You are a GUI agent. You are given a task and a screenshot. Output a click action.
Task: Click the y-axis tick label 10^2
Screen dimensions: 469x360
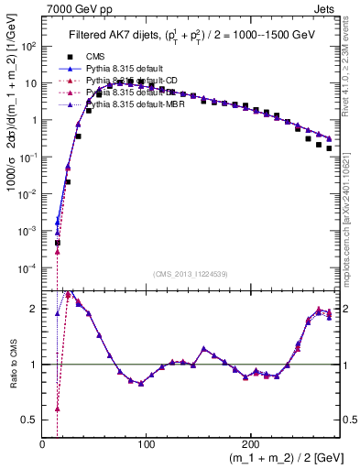[29, 46]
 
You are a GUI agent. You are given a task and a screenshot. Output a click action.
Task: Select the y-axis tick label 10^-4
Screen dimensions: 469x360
[29, 267]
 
